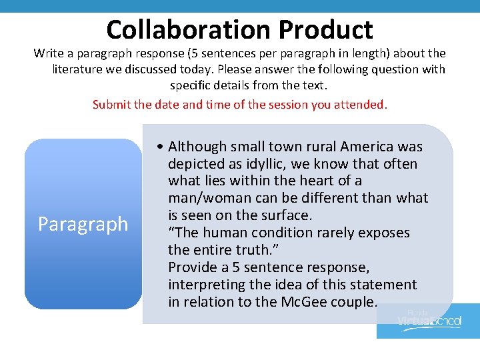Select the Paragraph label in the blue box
pos(83,224)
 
